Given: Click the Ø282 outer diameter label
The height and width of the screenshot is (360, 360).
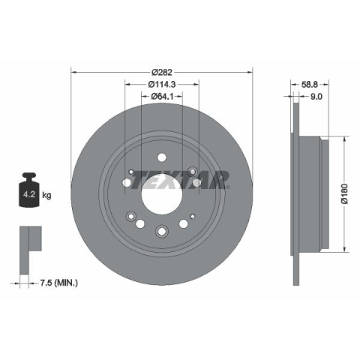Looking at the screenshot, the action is pyautogui.click(x=162, y=73).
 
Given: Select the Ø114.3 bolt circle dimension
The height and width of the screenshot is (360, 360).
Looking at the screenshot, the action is pyautogui.click(x=162, y=85).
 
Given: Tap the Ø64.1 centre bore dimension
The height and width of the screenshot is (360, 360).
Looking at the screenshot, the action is pyautogui.click(x=162, y=96).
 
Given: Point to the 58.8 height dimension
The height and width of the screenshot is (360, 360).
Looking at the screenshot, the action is pyautogui.click(x=310, y=85).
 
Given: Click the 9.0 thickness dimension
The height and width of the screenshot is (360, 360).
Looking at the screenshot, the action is pyautogui.click(x=316, y=97).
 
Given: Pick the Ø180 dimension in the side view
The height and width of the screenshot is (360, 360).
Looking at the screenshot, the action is pyautogui.click(x=345, y=193).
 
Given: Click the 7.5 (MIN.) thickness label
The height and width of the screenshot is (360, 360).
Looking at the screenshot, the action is pyautogui.click(x=59, y=283).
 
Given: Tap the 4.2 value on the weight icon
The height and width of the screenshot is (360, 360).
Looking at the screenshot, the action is pyautogui.click(x=29, y=194).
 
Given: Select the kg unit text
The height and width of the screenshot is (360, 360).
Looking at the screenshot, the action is pyautogui.click(x=46, y=195).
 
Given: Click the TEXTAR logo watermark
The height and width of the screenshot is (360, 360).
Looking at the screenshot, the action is pyautogui.click(x=180, y=180).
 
